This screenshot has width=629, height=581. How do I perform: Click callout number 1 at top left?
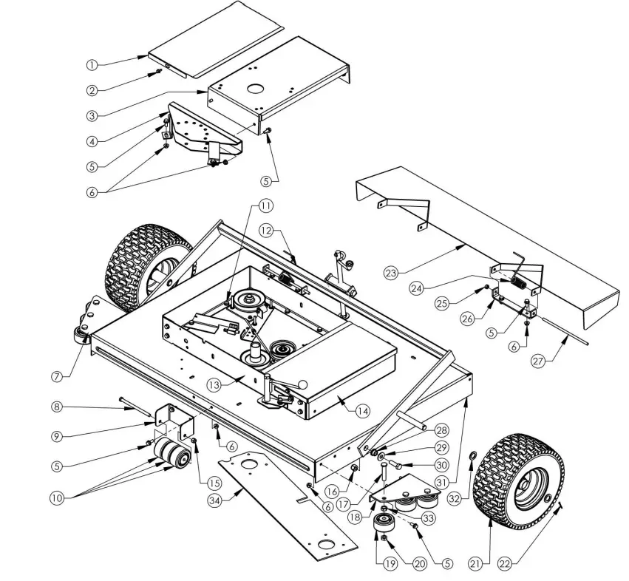pos(92,65)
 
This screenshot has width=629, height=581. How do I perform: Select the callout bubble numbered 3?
pos(92,115)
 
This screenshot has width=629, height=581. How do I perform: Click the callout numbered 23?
pos(390,273)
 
